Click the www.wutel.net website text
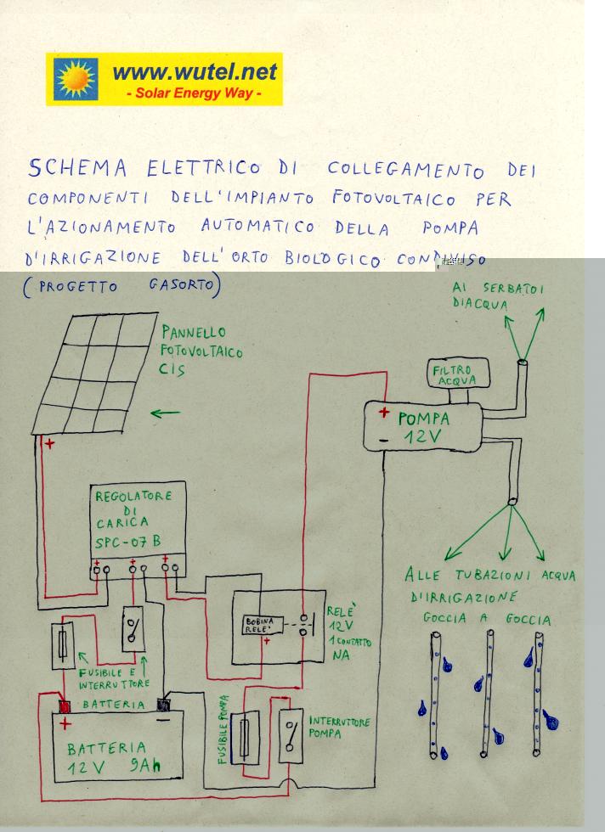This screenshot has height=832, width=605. point(195,73)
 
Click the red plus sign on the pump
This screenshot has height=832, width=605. point(384,414)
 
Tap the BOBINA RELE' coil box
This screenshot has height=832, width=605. point(262,627)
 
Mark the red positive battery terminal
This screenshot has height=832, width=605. point(63,706)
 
